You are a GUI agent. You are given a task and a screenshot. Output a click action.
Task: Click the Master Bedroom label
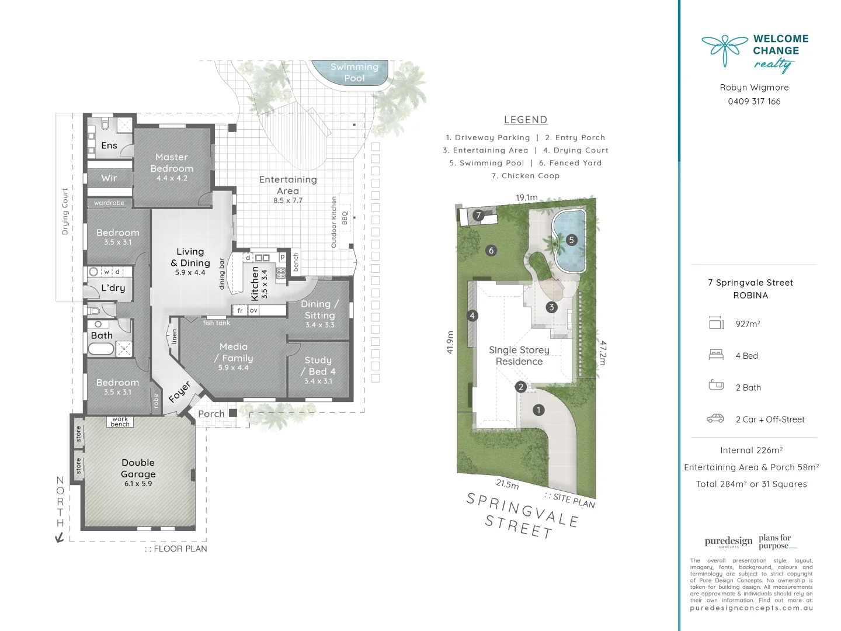coord(172,163)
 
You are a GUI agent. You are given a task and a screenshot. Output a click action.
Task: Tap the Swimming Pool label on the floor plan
coord(355,72)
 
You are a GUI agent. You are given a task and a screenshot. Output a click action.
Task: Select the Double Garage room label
coord(138,468)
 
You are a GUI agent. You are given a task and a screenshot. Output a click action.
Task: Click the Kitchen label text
coord(255,283)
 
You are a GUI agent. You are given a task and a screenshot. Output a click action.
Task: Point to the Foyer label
coord(180,392)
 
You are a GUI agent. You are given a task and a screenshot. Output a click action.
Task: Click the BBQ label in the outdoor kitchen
coord(345,218)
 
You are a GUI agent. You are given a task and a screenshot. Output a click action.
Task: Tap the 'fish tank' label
coord(216,323)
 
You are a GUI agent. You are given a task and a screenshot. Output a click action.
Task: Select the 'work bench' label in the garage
coord(120,422)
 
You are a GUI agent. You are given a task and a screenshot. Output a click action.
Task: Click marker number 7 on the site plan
coord(478,215)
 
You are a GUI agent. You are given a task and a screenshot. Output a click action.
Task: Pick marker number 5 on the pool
coord(572,240)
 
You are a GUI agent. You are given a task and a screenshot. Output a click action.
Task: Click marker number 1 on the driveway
coord(538,410)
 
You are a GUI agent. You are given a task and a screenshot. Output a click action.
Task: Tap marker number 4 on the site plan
coord(472,315)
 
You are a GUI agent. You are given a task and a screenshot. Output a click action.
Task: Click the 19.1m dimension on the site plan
coord(526,197)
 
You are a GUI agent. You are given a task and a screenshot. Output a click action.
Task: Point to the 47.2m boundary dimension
coord(603,353)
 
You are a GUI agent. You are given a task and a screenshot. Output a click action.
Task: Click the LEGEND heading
coord(526,120)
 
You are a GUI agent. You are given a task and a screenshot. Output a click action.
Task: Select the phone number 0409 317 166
coord(754,102)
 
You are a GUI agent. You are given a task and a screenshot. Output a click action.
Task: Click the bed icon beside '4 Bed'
coord(716,355)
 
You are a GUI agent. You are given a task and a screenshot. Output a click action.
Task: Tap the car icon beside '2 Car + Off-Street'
coord(715,418)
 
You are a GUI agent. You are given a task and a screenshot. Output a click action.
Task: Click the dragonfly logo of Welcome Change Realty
coord(724,49)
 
